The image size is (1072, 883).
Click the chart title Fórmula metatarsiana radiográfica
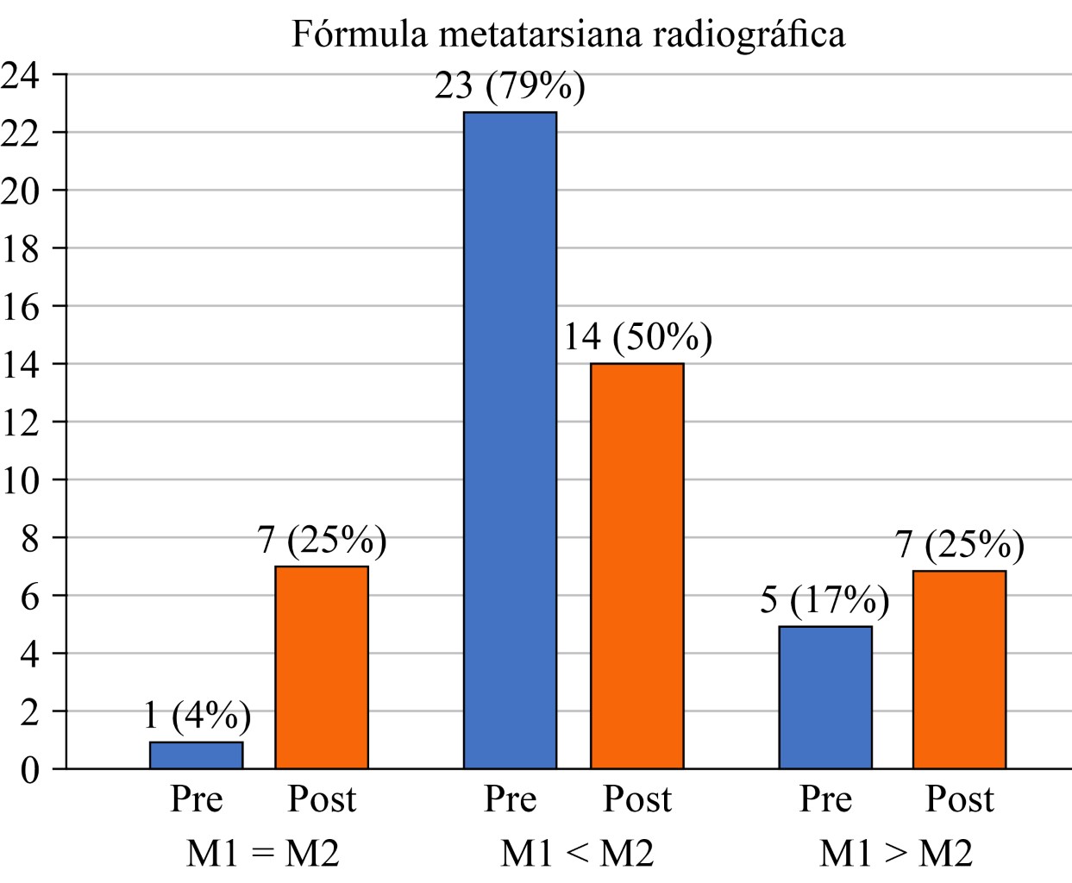(x=568, y=34)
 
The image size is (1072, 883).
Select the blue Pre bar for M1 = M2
(x=196, y=755)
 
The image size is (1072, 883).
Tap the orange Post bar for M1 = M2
(x=322, y=667)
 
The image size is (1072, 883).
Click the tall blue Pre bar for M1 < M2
(x=510, y=440)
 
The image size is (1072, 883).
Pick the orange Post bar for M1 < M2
(x=636, y=565)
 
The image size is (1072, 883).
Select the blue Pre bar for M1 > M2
(x=825, y=697)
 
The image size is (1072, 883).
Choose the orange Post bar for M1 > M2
(x=959, y=669)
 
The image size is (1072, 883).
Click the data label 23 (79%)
(x=510, y=86)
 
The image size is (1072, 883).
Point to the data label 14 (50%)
(x=637, y=337)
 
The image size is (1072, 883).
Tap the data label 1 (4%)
(x=197, y=716)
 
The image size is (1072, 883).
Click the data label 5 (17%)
(x=824, y=600)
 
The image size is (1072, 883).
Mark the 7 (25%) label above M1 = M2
(x=322, y=541)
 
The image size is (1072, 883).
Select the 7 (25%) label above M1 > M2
(x=959, y=545)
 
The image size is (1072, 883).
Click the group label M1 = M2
(x=263, y=854)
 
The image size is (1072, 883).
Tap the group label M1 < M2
(x=577, y=854)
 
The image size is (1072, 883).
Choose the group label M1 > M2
(x=895, y=854)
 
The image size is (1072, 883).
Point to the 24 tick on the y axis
(x=21, y=76)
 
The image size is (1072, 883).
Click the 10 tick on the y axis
(x=21, y=480)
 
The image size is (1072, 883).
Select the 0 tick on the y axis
(x=31, y=769)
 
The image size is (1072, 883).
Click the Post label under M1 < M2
(x=636, y=799)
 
